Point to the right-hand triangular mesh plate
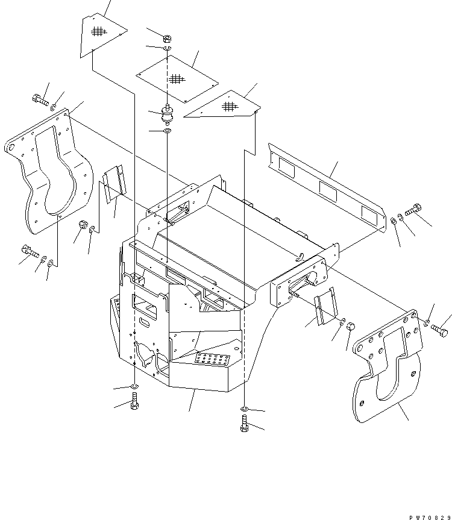tap(226, 107)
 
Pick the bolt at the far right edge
tap(439, 329)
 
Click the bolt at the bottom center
tap(243, 425)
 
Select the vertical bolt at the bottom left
tap(134, 401)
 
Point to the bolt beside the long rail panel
tap(413, 210)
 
